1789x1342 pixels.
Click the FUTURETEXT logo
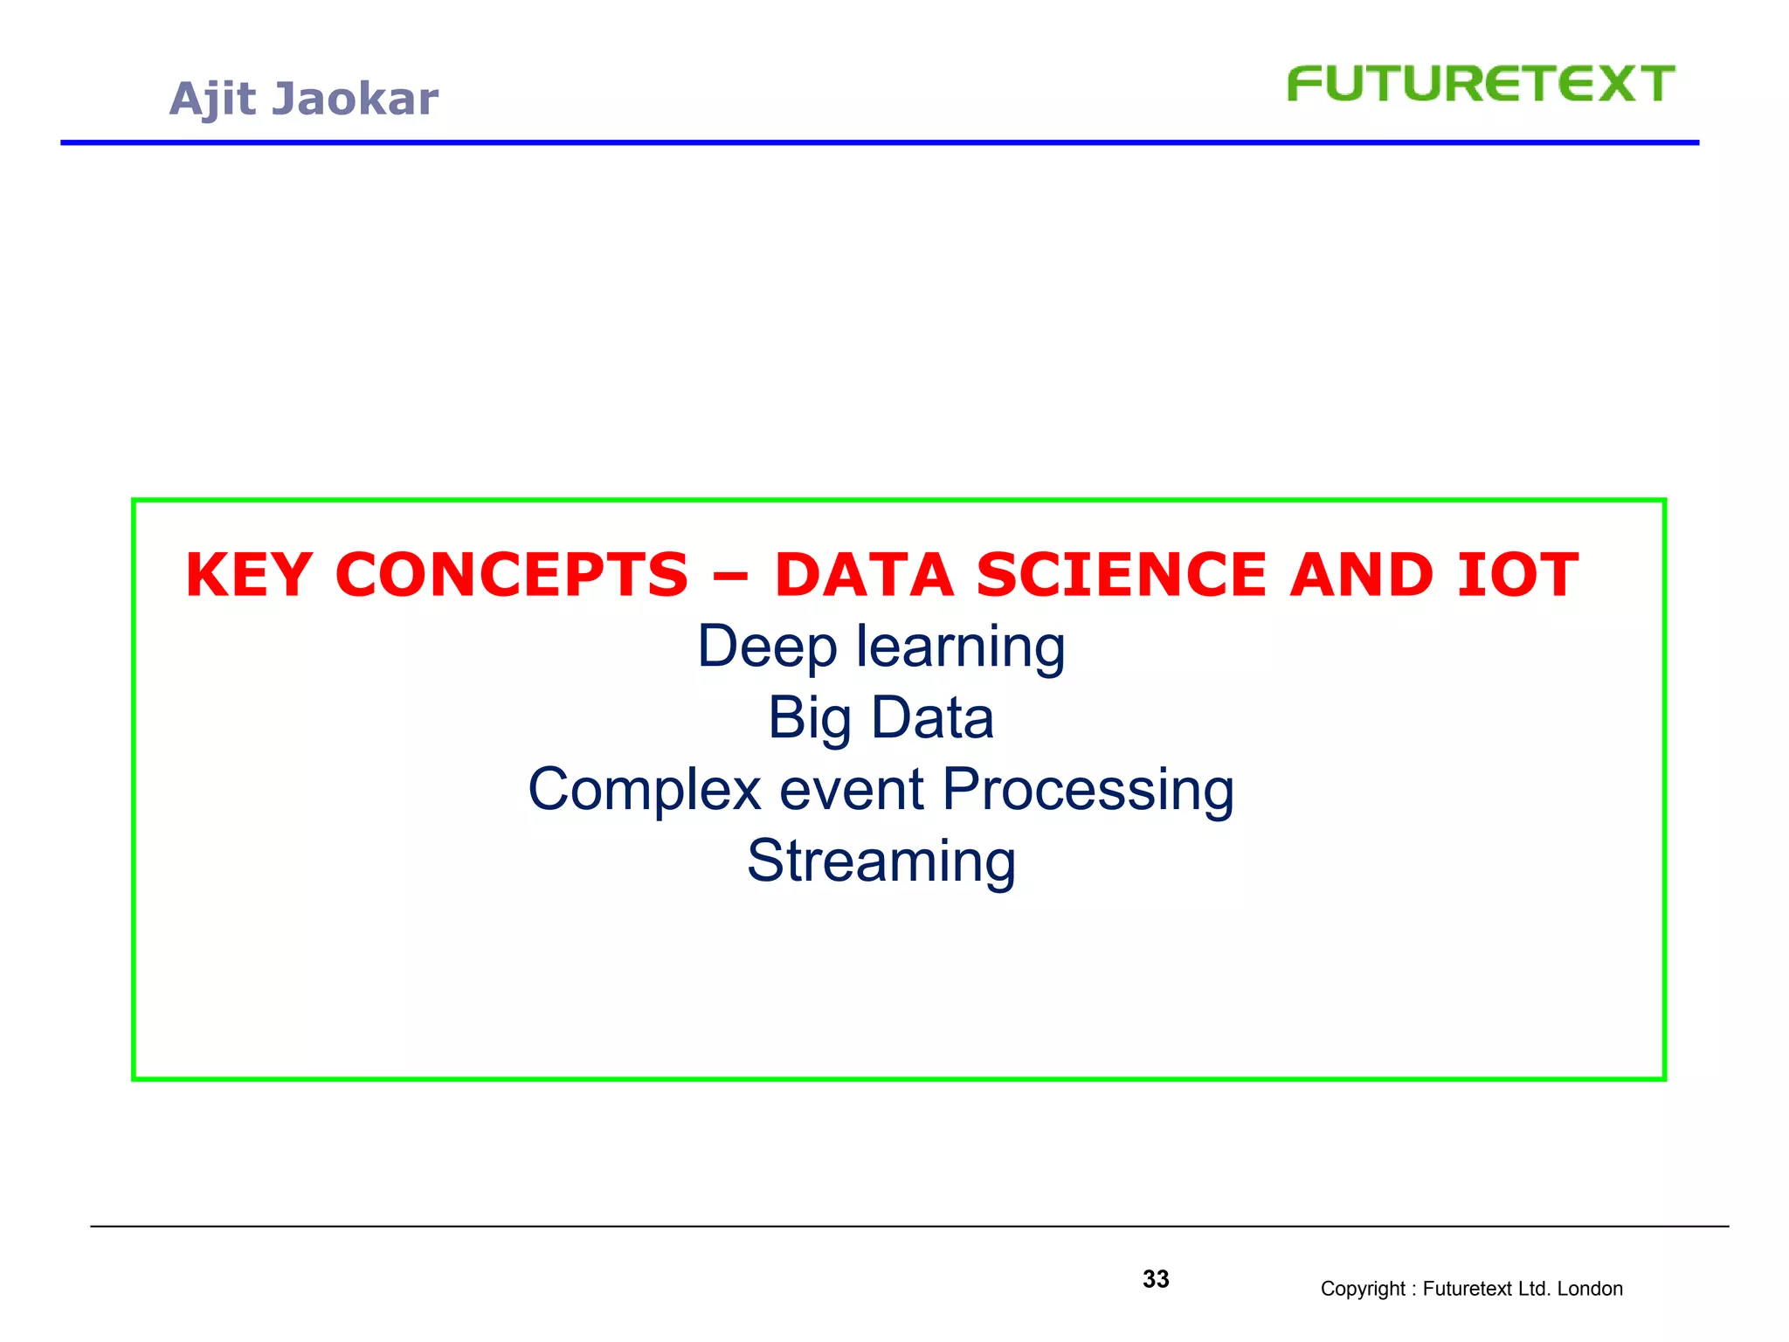tap(1480, 85)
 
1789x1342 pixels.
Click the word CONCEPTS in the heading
tap(512, 576)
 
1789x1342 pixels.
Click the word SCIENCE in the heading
tap(1121, 576)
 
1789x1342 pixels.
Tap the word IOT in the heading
tap(1517, 576)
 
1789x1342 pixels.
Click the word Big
tap(809, 720)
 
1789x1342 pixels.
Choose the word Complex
tap(645, 791)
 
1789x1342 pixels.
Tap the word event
tap(851, 791)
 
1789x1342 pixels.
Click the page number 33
tap(1156, 1279)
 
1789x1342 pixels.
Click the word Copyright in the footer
tap(1362, 1289)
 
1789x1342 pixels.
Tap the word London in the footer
tap(1590, 1289)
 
